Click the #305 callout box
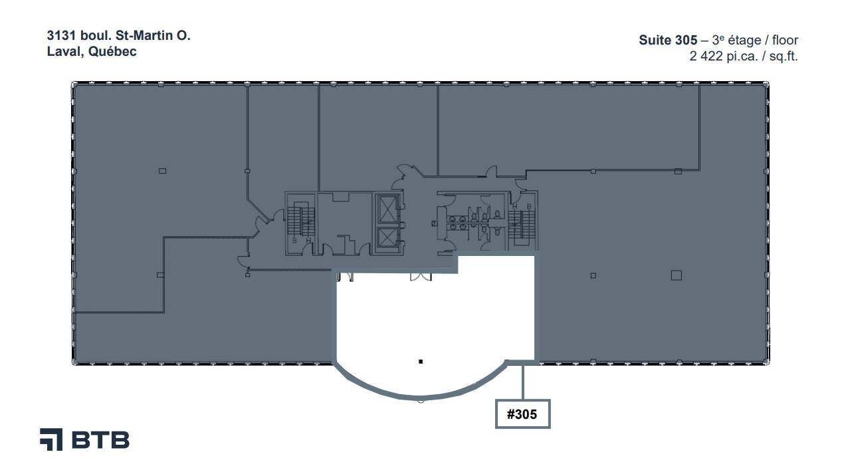point(523,414)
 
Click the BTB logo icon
point(51,439)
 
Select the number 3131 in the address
point(61,35)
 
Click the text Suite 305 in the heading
point(668,40)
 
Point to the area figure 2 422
point(705,57)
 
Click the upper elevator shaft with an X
point(386,208)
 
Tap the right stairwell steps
point(522,225)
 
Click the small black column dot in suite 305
point(421,362)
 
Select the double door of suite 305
point(421,277)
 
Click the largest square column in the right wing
point(677,275)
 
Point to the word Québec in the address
point(112,52)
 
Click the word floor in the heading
point(786,40)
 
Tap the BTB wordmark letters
point(100,440)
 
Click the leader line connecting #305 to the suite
point(523,382)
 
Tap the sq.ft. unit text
point(784,57)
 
